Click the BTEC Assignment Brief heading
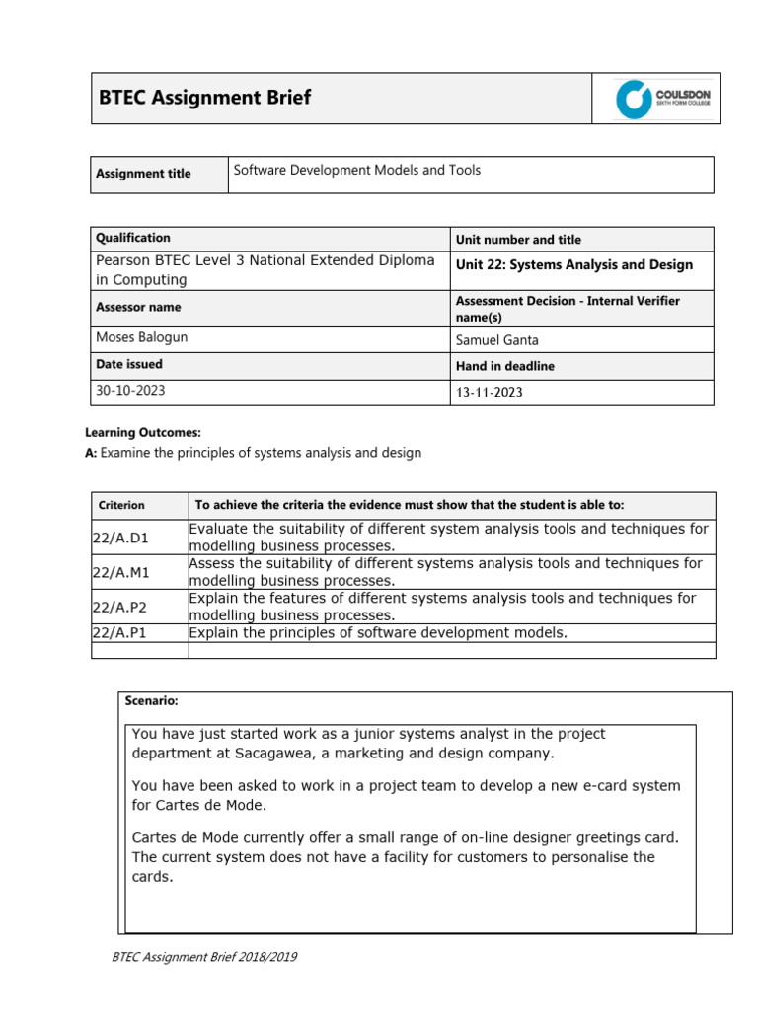coord(205,97)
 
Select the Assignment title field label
coord(143,174)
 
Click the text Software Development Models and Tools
coord(356,170)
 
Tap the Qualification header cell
coord(132,238)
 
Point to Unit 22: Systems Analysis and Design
coord(573,264)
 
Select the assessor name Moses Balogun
coord(141,337)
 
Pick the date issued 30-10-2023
coord(130,390)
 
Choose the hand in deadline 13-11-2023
coord(489,392)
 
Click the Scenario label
coord(151,701)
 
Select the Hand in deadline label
coord(504,366)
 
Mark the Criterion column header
coord(120,505)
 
